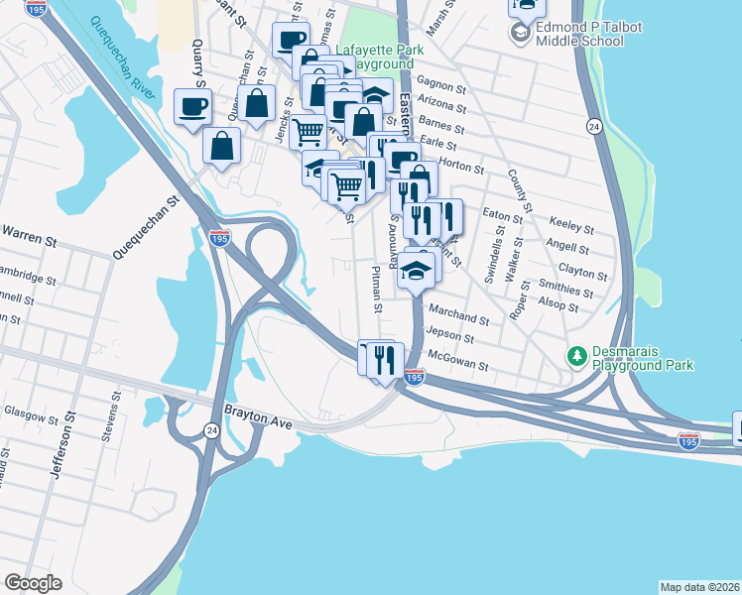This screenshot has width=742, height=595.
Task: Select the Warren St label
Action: click(28, 233)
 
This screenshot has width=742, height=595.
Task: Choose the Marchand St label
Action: click(457, 319)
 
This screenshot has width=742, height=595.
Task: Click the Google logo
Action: click(33, 583)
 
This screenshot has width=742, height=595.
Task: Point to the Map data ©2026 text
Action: click(700, 586)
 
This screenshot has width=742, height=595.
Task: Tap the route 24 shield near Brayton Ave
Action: click(213, 429)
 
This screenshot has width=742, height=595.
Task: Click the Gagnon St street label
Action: click(441, 81)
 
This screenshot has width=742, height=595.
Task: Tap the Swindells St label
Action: click(493, 255)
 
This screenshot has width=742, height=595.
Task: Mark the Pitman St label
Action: click(376, 289)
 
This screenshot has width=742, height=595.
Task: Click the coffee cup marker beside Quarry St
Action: click(192, 106)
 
